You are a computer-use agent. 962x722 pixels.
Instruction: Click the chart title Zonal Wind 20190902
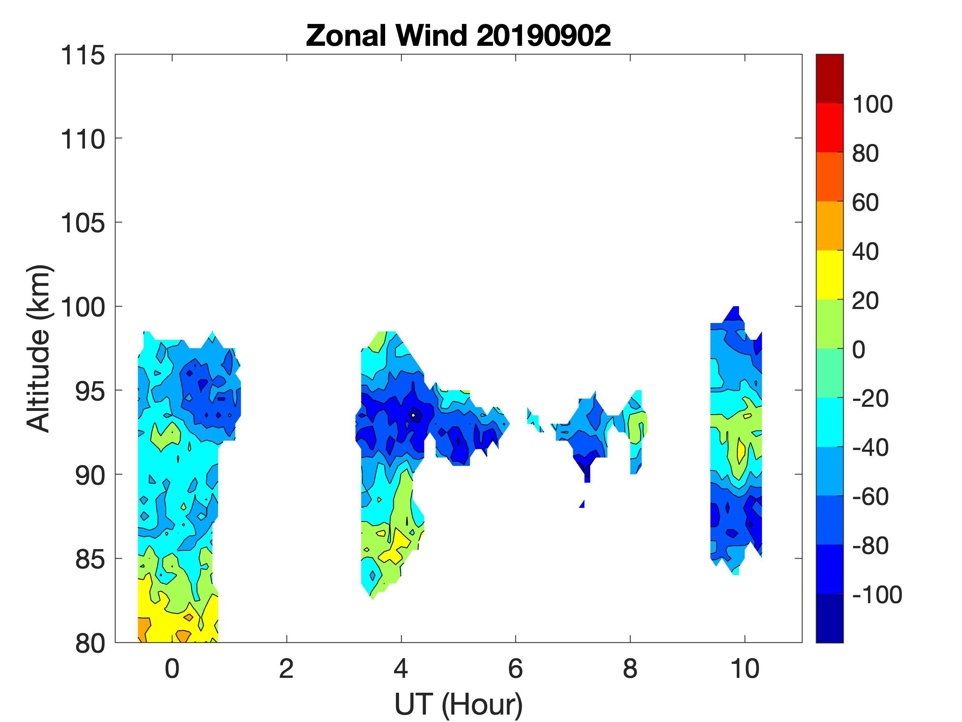(x=459, y=35)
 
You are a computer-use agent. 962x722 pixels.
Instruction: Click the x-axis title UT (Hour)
(x=459, y=704)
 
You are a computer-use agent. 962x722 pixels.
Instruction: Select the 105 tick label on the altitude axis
(x=82, y=223)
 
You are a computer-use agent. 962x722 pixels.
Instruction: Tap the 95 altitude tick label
(x=90, y=391)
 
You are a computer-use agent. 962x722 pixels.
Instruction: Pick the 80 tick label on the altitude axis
(x=90, y=644)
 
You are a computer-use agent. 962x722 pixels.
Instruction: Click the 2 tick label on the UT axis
(x=286, y=669)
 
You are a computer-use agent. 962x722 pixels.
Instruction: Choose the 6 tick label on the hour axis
(x=515, y=669)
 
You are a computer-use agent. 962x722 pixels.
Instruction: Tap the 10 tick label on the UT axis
(x=745, y=669)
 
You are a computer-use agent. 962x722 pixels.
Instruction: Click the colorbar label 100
(x=872, y=104)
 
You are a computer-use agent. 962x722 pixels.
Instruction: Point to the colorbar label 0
(x=859, y=349)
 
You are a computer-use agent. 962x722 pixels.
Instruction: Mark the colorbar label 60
(x=865, y=203)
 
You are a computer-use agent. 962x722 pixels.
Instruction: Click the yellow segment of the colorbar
(x=829, y=275)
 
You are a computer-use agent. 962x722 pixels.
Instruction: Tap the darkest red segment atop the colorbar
(x=829, y=78)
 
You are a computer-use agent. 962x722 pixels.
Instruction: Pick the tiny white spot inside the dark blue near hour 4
(x=413, y=415)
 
